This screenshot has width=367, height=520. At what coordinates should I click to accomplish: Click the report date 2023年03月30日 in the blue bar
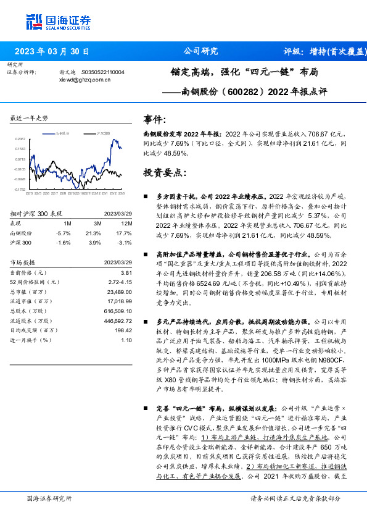click(x=51, y=51)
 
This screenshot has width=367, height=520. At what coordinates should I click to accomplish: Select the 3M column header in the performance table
click(x=97, y=223)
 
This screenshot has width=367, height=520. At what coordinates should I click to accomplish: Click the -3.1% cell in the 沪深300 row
click(x=126, y=243)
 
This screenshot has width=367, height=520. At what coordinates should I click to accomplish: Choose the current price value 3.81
click(x=126, y=272)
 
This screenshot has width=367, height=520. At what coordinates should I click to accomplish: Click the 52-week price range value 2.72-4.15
click(x=120, y=282)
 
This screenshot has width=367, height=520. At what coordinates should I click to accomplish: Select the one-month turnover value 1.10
click(x=126, y=340)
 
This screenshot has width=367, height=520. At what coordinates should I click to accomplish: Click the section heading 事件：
click(x=155, y=118)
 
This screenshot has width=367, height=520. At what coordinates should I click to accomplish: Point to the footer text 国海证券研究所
click(x=49, y=497)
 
